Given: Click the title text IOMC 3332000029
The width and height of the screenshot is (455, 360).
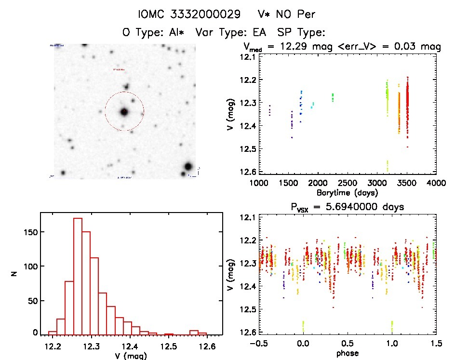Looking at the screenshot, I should click(189, 14).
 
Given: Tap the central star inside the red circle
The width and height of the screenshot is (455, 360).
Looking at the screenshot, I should click(124, 112).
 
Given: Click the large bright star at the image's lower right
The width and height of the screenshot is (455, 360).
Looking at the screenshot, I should click(187, 167).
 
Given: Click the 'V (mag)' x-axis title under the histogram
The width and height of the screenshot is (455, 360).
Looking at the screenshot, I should click(130, 356).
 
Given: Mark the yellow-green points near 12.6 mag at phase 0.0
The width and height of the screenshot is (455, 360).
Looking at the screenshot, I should click(303, 326).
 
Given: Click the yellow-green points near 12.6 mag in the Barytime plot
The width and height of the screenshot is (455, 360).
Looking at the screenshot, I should click(388, 165).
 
